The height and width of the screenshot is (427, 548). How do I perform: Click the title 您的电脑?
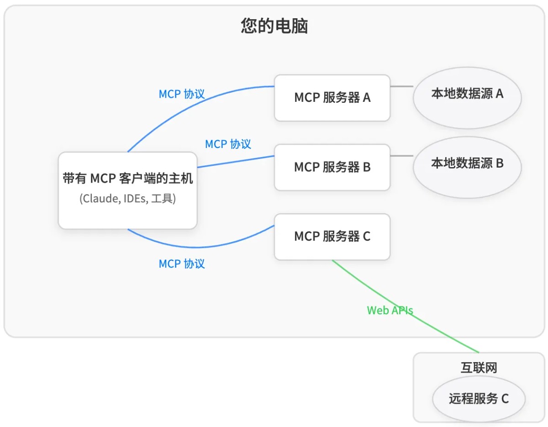(274, 26)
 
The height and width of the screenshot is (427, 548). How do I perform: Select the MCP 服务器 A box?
(332, 98)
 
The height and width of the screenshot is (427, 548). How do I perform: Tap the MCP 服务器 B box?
(332, 167)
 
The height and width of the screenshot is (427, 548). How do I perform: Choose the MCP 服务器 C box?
(332, 237)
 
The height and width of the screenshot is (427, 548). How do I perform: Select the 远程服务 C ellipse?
(479, 399)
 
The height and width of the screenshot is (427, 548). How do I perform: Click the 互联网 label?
(479, 368)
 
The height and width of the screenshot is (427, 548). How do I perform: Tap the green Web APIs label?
(390, 311)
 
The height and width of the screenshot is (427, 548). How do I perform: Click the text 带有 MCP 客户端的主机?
(128, 179)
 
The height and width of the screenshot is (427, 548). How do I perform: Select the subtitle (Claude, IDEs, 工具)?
(128, 199)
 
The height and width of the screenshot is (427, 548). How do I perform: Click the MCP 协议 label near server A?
(182, 94)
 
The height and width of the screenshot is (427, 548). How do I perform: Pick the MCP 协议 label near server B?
(228, 144)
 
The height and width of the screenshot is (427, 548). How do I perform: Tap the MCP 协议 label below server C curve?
(182, 264)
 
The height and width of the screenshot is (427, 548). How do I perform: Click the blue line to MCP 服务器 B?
(235, 162)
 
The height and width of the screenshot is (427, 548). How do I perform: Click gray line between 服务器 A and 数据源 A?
(401, 86)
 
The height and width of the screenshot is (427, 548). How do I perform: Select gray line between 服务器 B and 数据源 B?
(401, 156)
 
